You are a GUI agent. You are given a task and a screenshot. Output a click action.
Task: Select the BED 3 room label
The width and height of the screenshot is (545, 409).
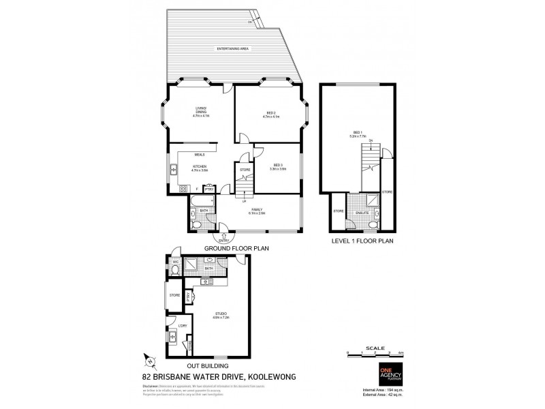point(277,164)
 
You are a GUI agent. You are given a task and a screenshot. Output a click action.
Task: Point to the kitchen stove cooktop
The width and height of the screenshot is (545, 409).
point(183,188)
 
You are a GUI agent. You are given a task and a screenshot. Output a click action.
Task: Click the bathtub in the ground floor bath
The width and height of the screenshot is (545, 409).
point(201,200)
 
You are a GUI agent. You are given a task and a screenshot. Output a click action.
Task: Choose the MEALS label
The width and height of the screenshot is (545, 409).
point(200,155)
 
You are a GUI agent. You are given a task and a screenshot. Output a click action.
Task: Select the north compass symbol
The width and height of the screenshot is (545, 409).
point(152,361)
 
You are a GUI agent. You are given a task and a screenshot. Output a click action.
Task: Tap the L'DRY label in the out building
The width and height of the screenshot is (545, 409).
point(183,327)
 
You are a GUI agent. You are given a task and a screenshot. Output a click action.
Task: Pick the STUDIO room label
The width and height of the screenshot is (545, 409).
point(220,313)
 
